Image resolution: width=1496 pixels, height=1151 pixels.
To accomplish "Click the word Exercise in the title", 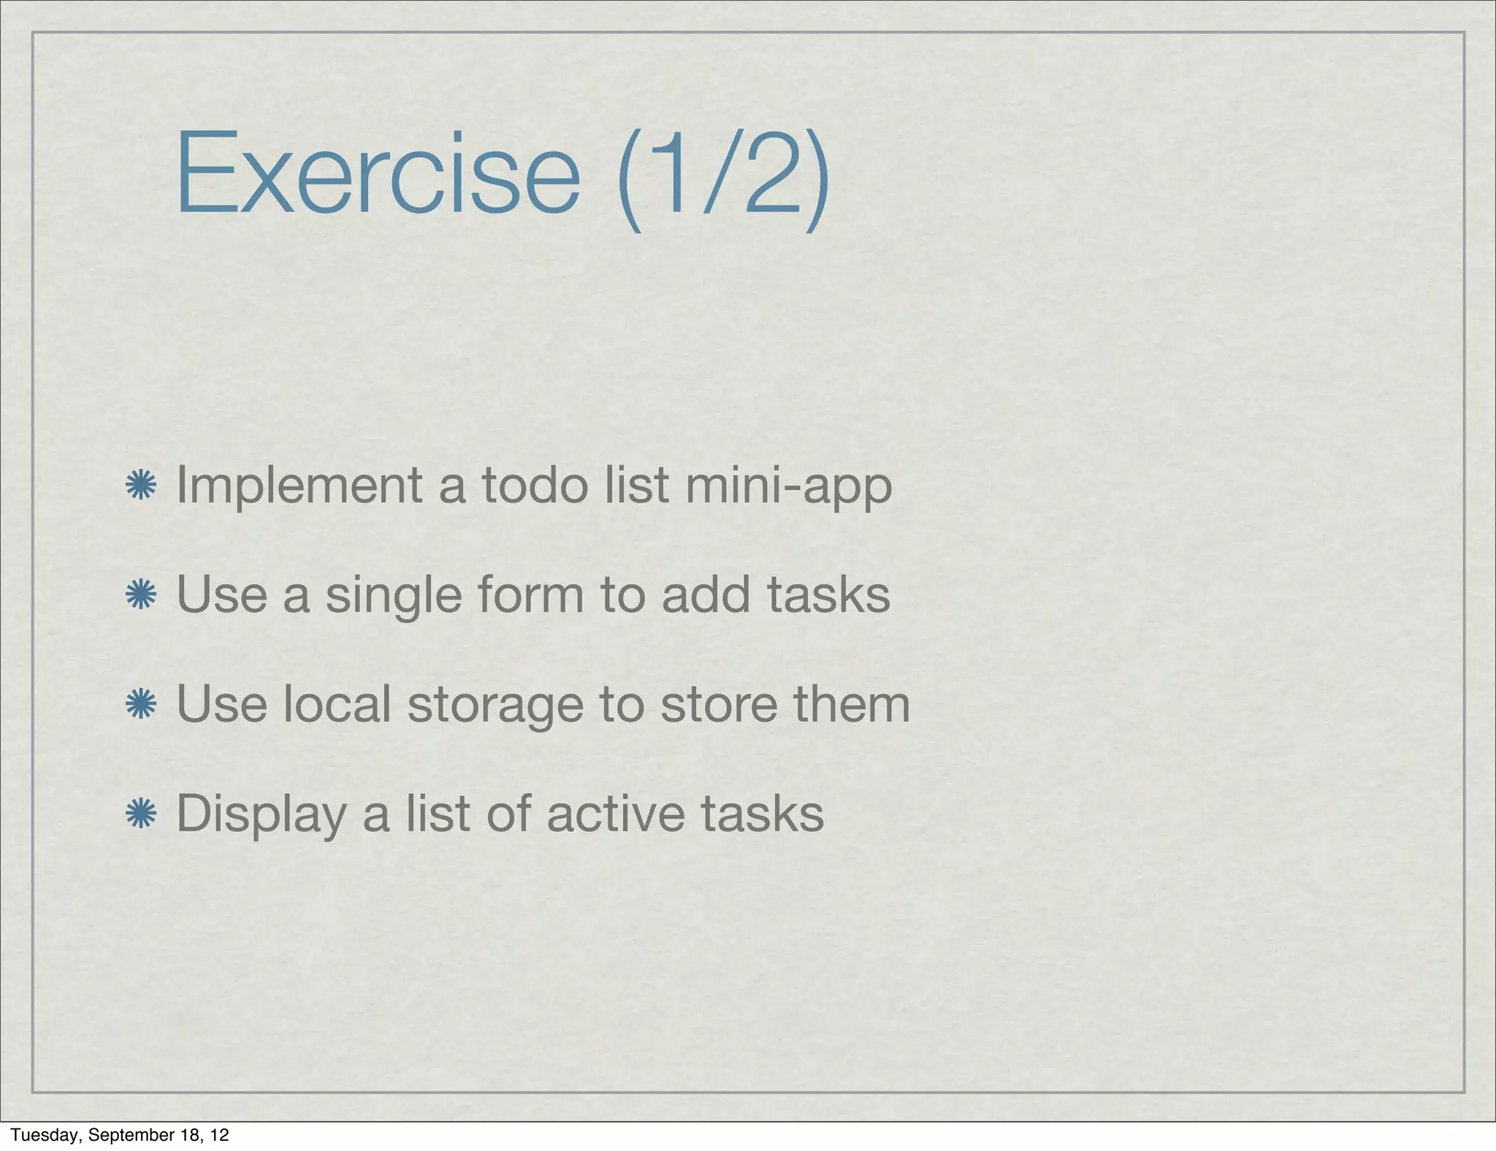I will pyautogui.click(x=378, y=173).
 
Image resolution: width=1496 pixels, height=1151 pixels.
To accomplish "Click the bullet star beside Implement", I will pyautogui.click(x=141, y=486).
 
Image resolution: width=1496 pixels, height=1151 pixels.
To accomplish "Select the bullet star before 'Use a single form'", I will pyautogui.click(x=141, y=594).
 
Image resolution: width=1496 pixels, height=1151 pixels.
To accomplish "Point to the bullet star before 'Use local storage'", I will pyautogui.click(x=141, y=704).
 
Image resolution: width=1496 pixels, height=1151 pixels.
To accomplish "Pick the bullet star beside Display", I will pyautogui.click(x=141, y=814).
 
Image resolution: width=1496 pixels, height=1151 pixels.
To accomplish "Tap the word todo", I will pyautogui.click(x=535, y=486).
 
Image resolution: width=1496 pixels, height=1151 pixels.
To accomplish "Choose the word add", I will pyautogui.click(x=706, y=594).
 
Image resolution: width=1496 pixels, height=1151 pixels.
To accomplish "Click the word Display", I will pyautogui.click(x=262, y=815).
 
